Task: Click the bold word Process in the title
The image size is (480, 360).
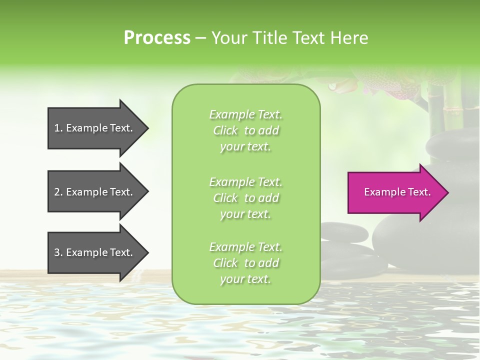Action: [157, 38]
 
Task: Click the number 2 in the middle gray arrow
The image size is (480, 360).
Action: [57, 192]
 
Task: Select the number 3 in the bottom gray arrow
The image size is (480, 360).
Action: [57, 252]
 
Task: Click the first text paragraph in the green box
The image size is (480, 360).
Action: [245, 130]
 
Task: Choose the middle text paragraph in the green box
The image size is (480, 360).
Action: [245, 198]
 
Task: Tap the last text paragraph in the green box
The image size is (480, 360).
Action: [245, 263]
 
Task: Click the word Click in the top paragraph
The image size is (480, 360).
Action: [225, 130]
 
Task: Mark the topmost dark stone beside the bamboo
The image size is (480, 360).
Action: [452, 145]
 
